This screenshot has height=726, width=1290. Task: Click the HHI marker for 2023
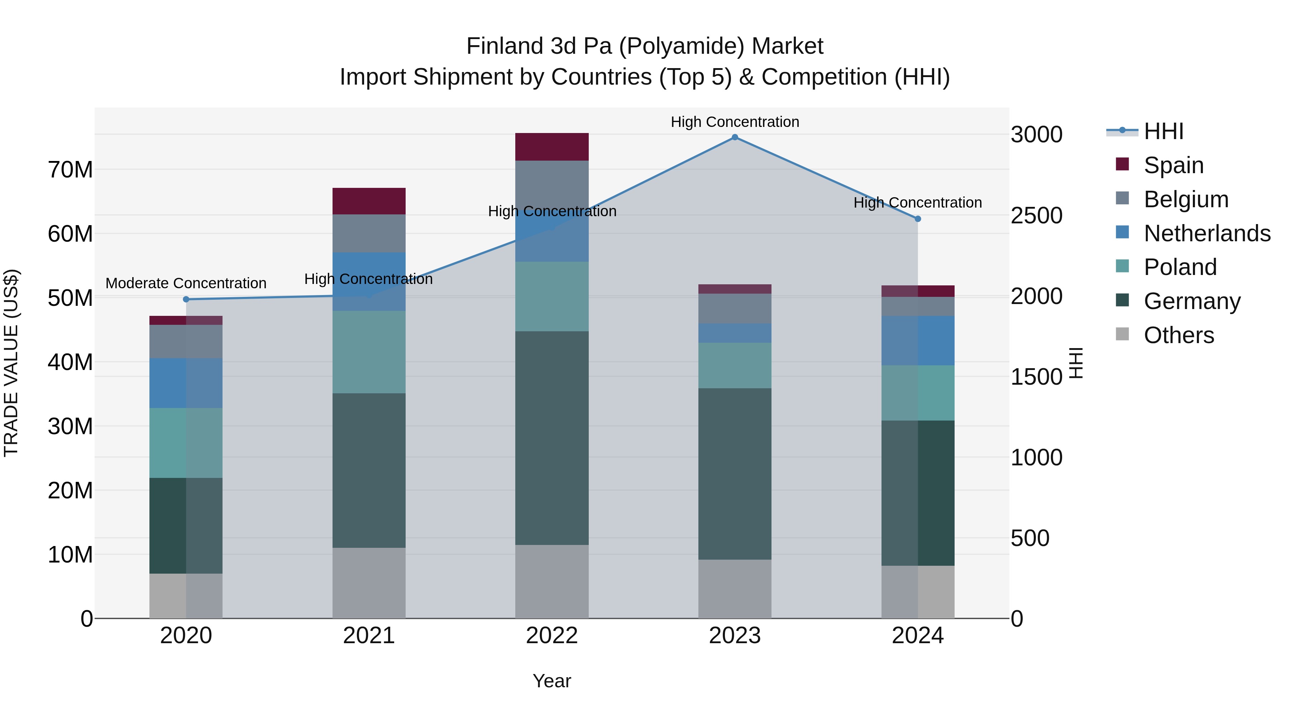pyautogui.click(x=735, y=137)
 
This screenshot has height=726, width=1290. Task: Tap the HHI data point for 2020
pyautogui.click(x=186, y=299)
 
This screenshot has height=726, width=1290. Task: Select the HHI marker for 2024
pyautogui.click(x=917, y=219)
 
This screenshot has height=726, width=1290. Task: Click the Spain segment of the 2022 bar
pyautogui.click(x=552, y=147)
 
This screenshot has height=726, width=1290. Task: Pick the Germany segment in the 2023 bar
pyautogui.click(x=735, y=474)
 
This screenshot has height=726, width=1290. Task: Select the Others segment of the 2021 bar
pyautogui.click(x=369, y=583)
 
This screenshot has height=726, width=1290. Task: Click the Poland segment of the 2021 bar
pyautogui.click(x=369, y=352)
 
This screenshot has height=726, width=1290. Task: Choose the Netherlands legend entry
pyautogui.click(x=1207, y=233)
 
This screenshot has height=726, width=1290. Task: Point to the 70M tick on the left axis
pyautogui.click(x=70, y=170)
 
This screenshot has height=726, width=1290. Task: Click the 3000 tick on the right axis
pyautogui.click(x=1036, y=135)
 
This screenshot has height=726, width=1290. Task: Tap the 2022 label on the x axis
pyautogui.click(x=552, y=636)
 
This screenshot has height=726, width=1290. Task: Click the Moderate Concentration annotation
pyautogui.click(x=186, y=283)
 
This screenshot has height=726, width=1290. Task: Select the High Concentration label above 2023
pyautogui.click(x=735, y=122)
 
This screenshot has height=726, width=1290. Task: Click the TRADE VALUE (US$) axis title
pyautogui.click(x=11, y=363)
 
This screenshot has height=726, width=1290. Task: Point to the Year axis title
pyautogui.click(x=552, y=681)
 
